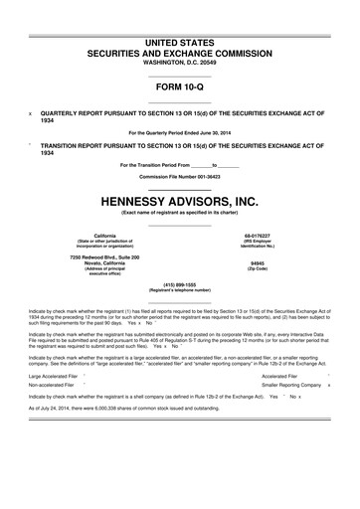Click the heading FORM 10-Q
pos(179,87)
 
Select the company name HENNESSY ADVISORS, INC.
pos(179,200)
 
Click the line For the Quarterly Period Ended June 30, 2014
pos(179,133)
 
